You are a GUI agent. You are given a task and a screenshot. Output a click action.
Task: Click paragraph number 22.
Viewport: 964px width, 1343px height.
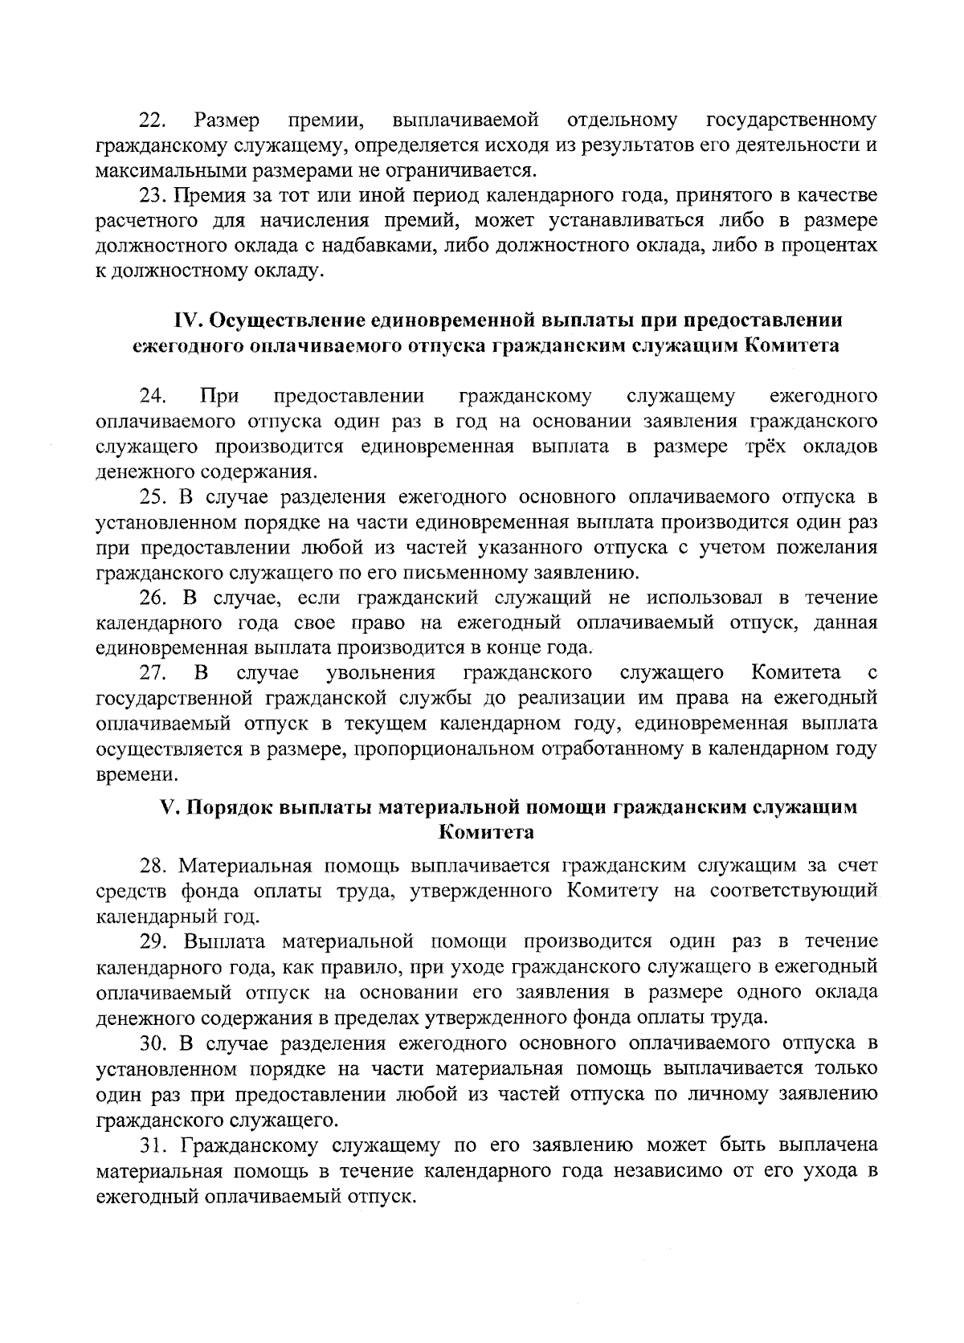[x=151, y=121]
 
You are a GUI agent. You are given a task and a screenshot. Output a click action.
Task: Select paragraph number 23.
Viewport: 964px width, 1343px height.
[x=153, y=195]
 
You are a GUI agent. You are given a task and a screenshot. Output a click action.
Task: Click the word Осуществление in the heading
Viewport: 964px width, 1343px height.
[x=285, y=320]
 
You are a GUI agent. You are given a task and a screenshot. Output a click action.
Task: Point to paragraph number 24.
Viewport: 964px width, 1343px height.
[x=153, y=396]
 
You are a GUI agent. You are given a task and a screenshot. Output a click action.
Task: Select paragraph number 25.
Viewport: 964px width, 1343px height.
[x=153, y=497]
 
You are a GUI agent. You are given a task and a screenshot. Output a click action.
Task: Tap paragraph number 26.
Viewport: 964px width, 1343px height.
[x=153, y=598]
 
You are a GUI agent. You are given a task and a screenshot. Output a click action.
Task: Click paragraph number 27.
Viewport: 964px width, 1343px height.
[x=153, y=671]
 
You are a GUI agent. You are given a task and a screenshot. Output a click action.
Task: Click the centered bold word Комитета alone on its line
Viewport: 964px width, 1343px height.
[x=486, y=832]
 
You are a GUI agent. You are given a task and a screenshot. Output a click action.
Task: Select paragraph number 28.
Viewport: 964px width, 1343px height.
[x=153, y=866]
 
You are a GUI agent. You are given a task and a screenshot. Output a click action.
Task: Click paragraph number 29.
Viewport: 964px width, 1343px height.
[x=153, y=941]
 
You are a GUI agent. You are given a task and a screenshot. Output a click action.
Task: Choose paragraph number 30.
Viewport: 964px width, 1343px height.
[x=153, y=1043]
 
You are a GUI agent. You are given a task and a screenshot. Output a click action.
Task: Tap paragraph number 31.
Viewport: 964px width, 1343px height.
[x=151, y=1145]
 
